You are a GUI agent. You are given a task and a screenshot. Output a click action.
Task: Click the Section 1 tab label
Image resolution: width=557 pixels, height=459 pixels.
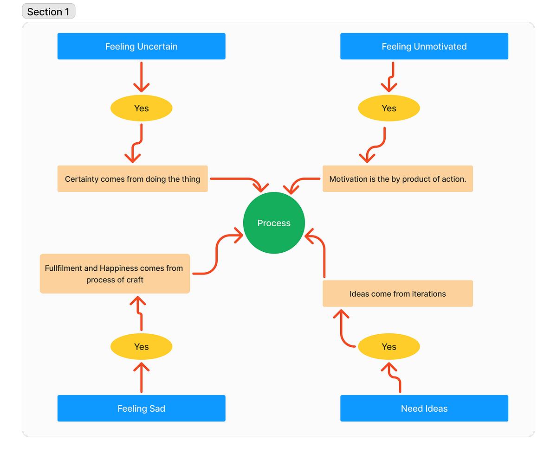coord(48,12)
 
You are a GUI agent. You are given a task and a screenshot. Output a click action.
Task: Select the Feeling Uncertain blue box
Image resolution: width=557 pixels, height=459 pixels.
coord(141,46)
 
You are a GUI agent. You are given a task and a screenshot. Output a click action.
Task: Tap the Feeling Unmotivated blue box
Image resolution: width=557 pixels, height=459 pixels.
coord(424,46)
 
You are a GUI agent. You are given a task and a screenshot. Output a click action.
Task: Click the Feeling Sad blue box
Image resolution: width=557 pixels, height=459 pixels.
coord(141,408)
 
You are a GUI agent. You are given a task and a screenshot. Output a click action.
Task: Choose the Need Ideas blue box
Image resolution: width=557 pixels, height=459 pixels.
coord(424,408)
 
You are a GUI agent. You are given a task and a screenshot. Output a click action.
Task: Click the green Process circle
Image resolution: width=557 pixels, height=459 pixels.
coord(274,223)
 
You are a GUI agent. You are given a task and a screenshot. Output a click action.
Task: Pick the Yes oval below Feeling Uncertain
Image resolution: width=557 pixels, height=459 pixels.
coord(141,108)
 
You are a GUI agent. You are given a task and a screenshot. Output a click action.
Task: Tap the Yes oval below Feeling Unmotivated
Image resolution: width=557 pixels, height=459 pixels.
coord(389,108)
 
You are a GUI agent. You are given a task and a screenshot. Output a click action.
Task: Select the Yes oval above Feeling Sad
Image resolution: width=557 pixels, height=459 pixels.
coord(141,347)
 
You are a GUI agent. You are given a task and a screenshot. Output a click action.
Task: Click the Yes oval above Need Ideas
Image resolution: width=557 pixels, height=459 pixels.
coord(389,347)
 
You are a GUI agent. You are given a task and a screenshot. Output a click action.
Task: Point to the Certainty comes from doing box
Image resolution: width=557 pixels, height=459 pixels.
coord(132,179)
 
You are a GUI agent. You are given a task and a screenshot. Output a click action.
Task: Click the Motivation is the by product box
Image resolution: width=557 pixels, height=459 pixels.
coord(397,179)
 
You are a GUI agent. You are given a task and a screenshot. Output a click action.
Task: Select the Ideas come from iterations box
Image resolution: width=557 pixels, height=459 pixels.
coord(397,294)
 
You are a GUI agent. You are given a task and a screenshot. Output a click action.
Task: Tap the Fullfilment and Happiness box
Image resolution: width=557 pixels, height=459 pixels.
coord(115,274)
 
